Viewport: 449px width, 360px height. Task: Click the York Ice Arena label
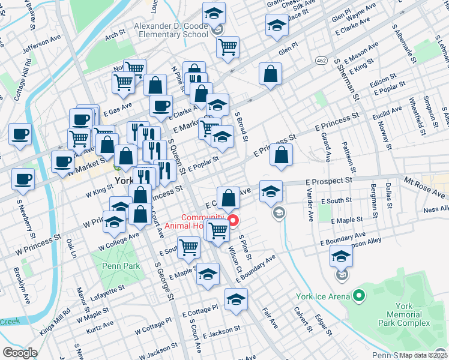324,296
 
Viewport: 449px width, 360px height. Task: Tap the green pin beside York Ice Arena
359,296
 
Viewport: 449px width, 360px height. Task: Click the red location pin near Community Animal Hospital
233,220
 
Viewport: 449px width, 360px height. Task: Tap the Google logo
20,353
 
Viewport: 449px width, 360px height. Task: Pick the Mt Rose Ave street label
425,187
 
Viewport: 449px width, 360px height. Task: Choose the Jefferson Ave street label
43,46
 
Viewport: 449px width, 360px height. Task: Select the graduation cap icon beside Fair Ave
237,300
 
